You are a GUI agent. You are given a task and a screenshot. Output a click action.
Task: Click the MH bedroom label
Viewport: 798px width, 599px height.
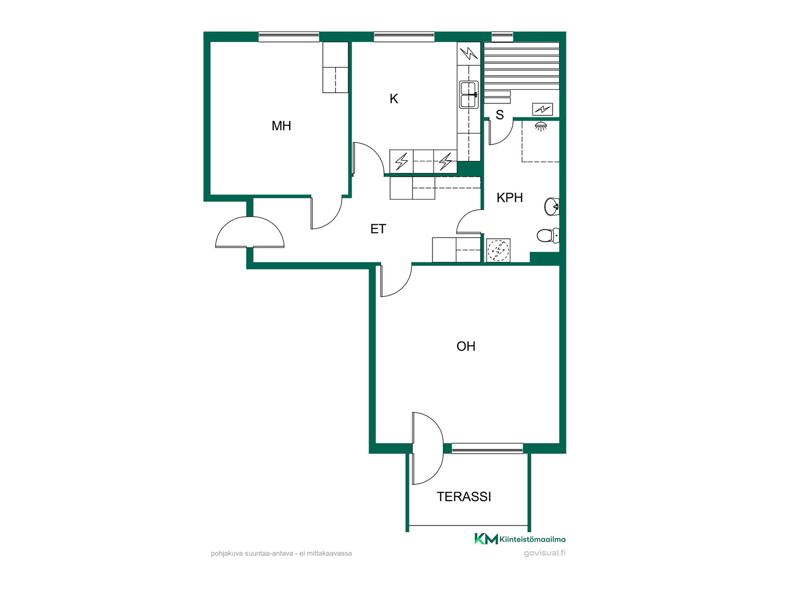point(281,126)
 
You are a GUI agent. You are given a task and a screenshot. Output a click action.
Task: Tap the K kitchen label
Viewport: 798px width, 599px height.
point(394,99)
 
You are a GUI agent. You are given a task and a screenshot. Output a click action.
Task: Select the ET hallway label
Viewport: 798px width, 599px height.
point(378,229)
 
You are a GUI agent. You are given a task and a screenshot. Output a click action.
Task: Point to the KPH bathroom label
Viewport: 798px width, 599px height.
point(510,198)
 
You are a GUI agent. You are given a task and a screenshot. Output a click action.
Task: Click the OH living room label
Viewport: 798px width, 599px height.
point(466,346)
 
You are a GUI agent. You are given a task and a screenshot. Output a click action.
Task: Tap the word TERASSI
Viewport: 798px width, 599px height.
point(464,497)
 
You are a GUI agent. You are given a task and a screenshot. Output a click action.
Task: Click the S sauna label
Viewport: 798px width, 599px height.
point(500,115)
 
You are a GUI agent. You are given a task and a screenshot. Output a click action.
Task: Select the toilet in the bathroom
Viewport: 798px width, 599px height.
point(548,235)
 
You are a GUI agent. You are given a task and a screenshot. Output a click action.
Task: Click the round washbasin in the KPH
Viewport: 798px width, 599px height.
point(552,207)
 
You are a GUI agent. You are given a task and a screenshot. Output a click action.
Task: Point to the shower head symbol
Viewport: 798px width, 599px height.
point(541,126)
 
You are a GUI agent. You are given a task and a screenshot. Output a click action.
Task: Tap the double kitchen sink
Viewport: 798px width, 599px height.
point(468,95)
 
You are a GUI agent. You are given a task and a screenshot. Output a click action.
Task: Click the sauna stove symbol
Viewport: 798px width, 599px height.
point(542,109)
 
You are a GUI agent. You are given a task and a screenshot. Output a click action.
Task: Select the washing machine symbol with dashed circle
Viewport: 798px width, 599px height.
point(498,250)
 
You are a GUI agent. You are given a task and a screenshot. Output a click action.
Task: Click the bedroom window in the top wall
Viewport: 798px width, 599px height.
point(289,37)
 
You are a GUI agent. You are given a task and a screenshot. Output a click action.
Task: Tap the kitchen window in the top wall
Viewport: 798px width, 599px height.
point(404,37)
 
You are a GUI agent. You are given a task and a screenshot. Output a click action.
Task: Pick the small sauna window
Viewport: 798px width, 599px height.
point(502,37)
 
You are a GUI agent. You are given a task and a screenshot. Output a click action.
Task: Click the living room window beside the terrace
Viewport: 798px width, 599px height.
point(487,448)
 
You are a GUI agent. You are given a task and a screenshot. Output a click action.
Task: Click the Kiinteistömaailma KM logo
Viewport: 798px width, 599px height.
point(520,539)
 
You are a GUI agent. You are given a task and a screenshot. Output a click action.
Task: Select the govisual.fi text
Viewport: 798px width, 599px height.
point(544,553)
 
